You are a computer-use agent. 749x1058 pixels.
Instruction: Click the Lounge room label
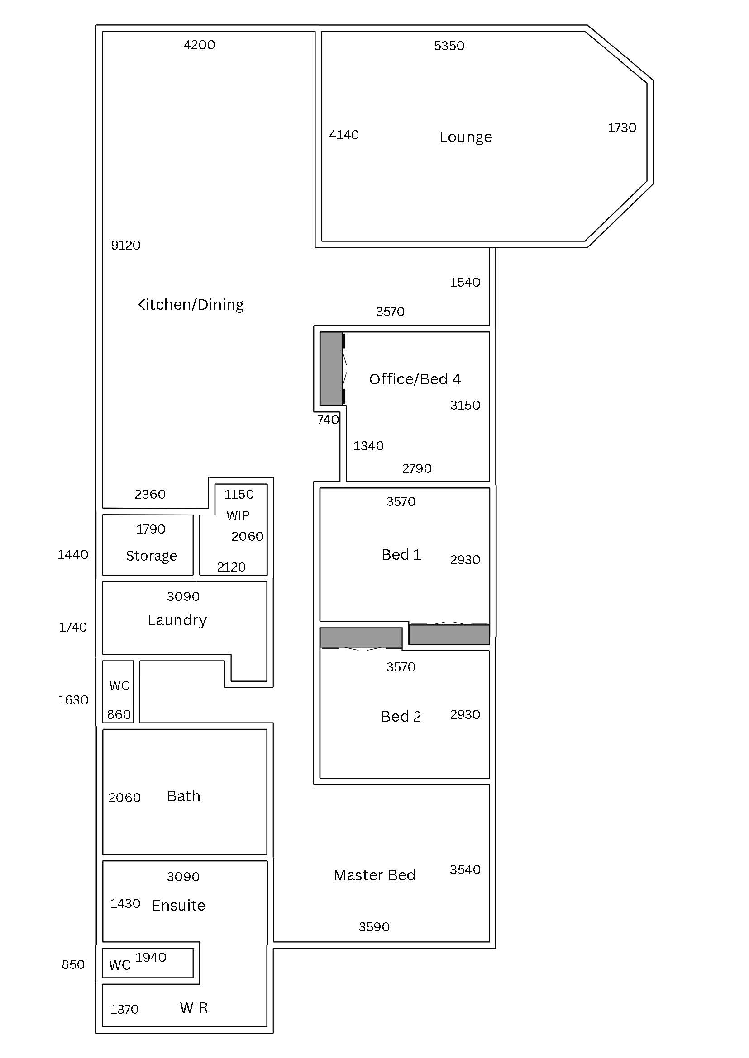pos(465,137)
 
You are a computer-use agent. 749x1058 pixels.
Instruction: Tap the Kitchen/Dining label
pos(190,305)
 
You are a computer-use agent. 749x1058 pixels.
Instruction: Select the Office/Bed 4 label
pos(414,379)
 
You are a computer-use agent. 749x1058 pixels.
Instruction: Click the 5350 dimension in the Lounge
pos(449,46)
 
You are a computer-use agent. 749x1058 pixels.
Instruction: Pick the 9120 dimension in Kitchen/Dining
pos(125,245)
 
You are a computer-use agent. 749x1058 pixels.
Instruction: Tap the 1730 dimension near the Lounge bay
pos(622,128)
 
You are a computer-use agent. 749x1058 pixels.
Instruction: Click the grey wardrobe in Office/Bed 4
pos(331,368)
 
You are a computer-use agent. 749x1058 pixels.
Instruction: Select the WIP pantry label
pos(238,515)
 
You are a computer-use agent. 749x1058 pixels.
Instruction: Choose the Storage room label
pos(151,556)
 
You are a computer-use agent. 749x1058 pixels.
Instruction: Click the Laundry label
pos(177,620)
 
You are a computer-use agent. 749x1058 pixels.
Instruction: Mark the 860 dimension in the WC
pos(119,714)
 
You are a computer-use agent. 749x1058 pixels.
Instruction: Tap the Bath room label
pos(184,796)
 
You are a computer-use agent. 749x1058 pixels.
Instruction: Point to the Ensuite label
pos(178,905)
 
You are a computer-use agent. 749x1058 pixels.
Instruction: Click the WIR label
pos(194,1008)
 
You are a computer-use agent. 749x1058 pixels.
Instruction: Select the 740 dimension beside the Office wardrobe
pos(328,420)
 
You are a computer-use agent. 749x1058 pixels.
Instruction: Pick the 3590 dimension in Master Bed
pos(374,927)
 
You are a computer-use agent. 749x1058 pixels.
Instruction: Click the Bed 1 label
pos(401,554)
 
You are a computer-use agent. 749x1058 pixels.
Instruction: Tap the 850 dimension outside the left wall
pos(73,964)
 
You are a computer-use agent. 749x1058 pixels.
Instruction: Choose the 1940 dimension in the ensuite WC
pos(151,957)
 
